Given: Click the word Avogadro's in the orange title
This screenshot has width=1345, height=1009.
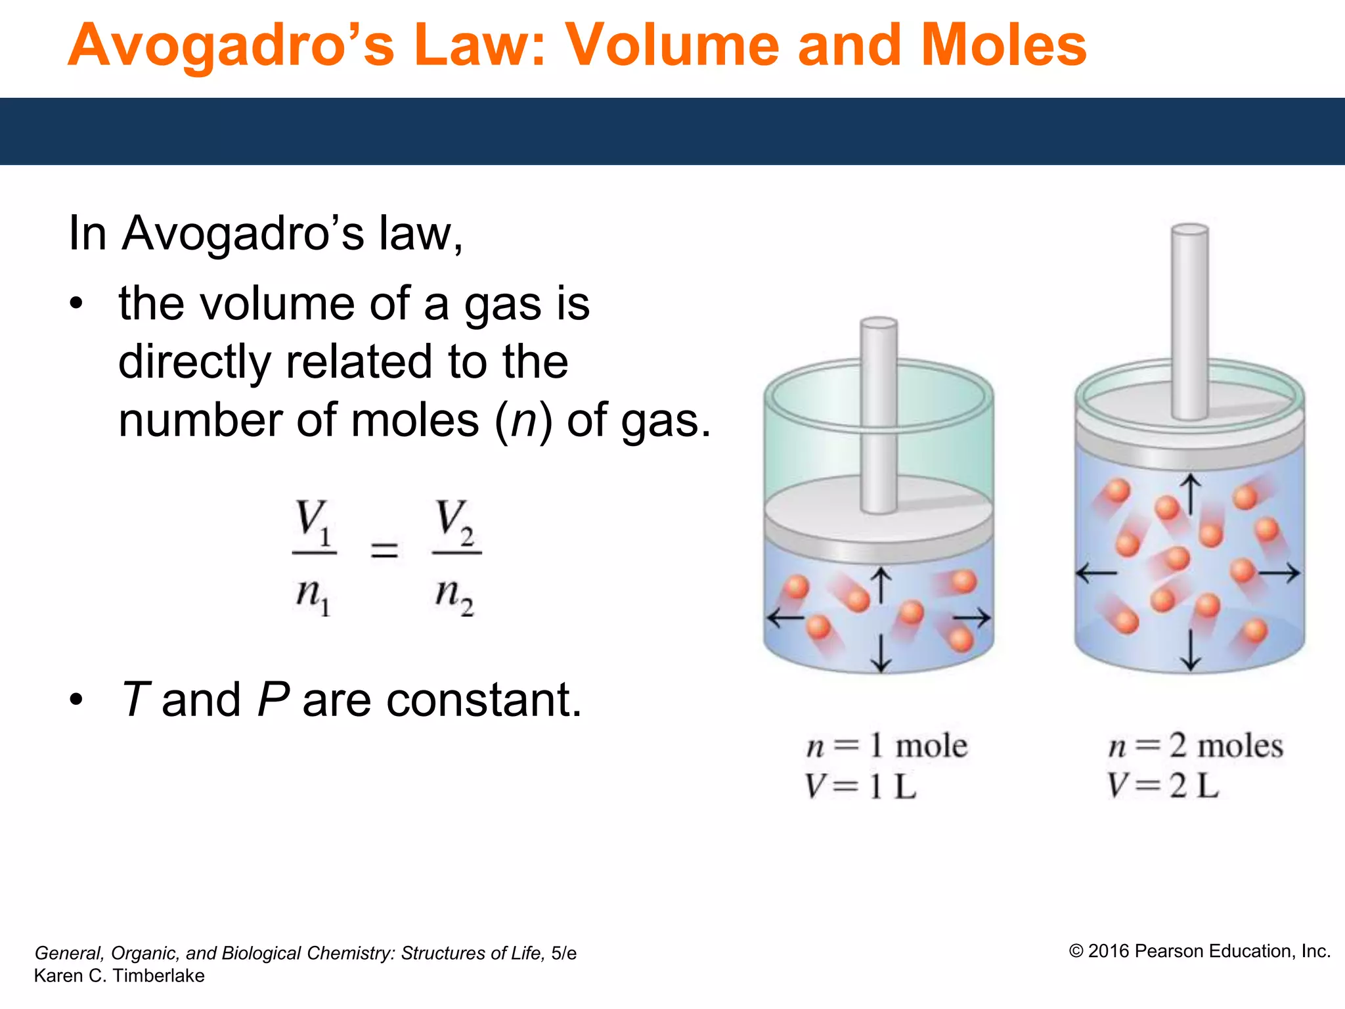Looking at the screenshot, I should click(231, 46).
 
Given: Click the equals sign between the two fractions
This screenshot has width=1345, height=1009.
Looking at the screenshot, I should click(384, 550).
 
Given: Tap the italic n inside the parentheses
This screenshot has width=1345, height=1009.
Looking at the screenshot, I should click(524, 420).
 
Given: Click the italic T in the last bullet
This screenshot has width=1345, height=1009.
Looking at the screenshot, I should click(137, 700).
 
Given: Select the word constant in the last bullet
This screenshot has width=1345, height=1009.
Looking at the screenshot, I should click(483, 700).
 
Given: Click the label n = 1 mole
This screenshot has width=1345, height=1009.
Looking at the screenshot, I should click(887, 746).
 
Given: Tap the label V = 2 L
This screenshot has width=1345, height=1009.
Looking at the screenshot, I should click(1162, 786).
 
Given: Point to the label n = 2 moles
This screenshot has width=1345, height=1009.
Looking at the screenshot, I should click(1195, 746).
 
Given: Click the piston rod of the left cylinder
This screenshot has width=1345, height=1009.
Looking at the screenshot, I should click(879, 414).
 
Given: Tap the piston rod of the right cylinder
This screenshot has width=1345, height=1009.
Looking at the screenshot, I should click(1190, 322).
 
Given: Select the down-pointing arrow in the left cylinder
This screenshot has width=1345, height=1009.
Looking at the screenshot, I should click(881, 654).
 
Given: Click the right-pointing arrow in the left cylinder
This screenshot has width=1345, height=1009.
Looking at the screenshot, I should click(972, 617).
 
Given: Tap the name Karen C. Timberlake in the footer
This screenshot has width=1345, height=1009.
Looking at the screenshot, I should click(120, 976).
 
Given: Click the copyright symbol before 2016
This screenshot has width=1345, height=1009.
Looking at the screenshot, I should click(1076, 952).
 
